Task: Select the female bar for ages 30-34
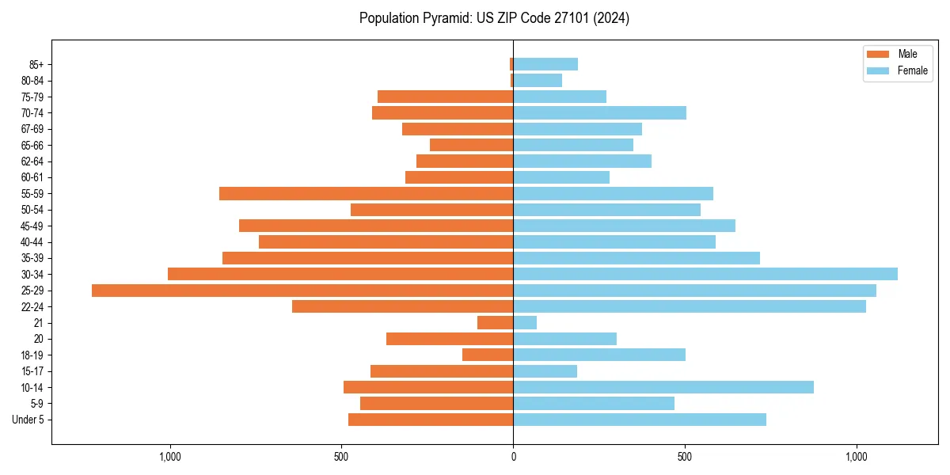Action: point(705,274)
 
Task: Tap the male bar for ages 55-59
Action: point(366,193)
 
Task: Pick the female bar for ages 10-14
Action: point(663,387)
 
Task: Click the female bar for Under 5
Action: point(640,420)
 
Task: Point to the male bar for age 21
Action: point(496,323)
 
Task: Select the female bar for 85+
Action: point(545,64)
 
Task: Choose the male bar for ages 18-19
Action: point(488,355)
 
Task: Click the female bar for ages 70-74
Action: point(599,112)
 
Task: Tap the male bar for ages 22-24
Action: point(402,306)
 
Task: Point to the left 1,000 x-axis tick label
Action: point(170,458)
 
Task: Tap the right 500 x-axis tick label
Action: point(685,458)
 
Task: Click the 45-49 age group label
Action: point(32,226)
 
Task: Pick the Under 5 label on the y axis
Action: point(28,420)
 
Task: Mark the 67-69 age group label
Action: point(32,129)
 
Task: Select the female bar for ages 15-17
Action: point(545,371)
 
